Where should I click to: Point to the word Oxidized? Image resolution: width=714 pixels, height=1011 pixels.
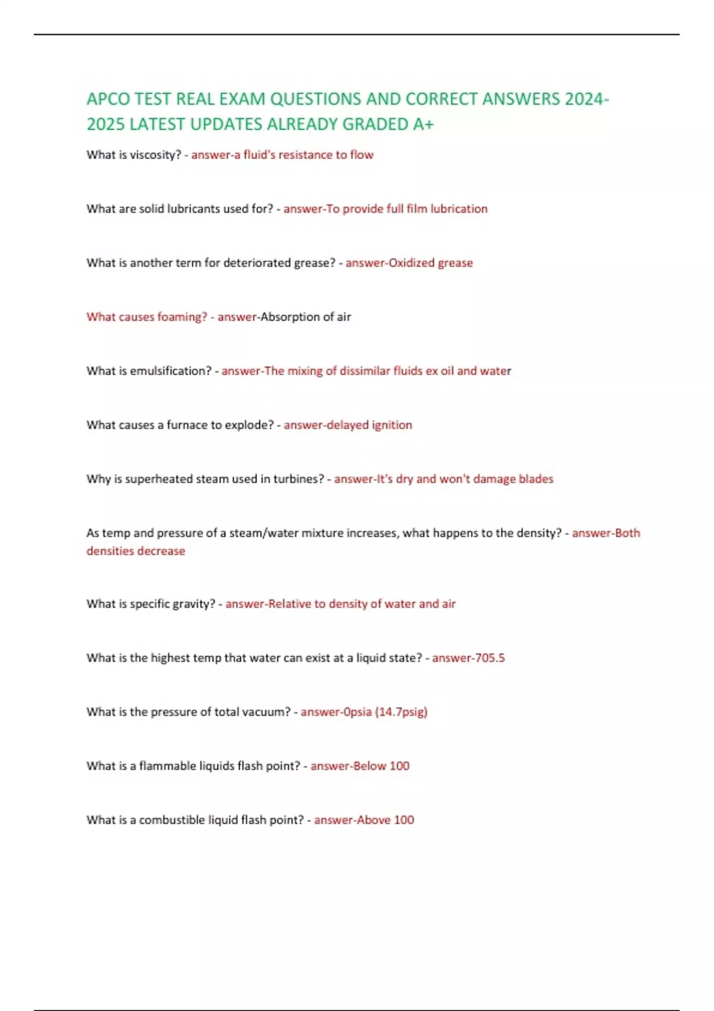(x=411, y=263)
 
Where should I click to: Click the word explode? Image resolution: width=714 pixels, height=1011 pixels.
(x=249, y=425)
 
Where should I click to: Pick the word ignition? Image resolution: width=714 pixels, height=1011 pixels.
(x=392, y=425)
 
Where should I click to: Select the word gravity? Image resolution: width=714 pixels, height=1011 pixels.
(x=193, y=604)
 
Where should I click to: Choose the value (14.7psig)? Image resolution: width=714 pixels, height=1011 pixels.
(x=401, y=712)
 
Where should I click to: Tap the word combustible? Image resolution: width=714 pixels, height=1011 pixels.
(x=172, y=820)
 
